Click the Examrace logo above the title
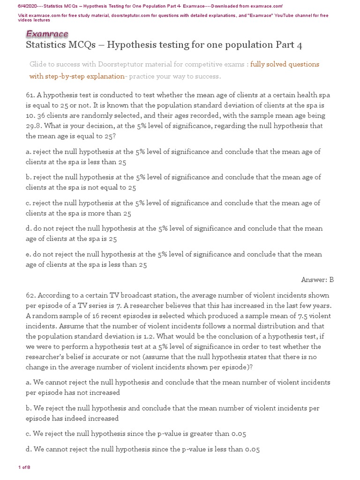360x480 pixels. [47, 34]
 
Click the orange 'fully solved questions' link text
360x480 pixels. [285, 64]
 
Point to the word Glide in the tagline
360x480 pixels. [38, 64]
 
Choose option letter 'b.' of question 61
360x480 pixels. [29, 177]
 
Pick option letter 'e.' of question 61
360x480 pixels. [29, 255]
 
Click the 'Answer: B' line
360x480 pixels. [317, 280]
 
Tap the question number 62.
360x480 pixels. [30, 295]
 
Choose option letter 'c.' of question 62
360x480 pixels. [29, 434]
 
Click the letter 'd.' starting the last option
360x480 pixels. [29, 450]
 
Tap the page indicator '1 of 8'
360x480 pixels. [24, 467]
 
